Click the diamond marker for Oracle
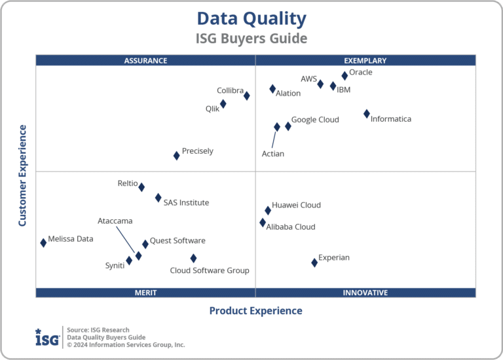[x=345, y=76]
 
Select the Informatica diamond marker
[x=367, y=114]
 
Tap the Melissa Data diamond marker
[x=43, y=243]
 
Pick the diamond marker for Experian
[x=314, y=262]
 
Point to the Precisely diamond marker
[x=176, y=156]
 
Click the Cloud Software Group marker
[x=193, y=259]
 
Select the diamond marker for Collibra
[x=247, y=96]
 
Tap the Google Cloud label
[x=315, y=120]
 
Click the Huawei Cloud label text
[x=296, y=205]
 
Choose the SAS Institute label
[x=186, y=203]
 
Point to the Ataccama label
[x=115, y=221]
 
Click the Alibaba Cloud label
[x=291, y=227]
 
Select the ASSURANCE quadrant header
[x=145, y=61]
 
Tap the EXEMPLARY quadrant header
[x=365, y=61]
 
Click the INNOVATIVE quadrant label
[x=365, y=293]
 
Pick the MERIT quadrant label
[x=145, y=293]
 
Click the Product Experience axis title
[x=255, y=311]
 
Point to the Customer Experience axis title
[x=22, y=175]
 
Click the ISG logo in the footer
[x=47, y=337]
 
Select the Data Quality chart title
[x=251, y=18]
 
